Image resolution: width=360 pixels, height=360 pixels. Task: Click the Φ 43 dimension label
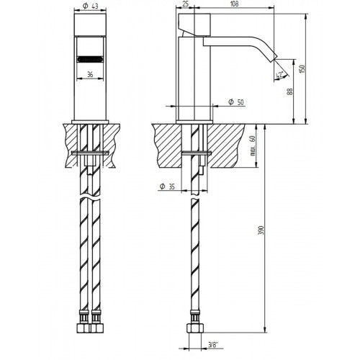pyautogui.click(x=90, y=5)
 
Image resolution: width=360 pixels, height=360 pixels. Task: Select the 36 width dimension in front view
pyautogui.click(x=90, y=73)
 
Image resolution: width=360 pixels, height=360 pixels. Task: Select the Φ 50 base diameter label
pyautogui.click(x=235, y=102)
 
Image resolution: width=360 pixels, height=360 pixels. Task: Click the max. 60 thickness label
pyautogui.click(x=253, y=148)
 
